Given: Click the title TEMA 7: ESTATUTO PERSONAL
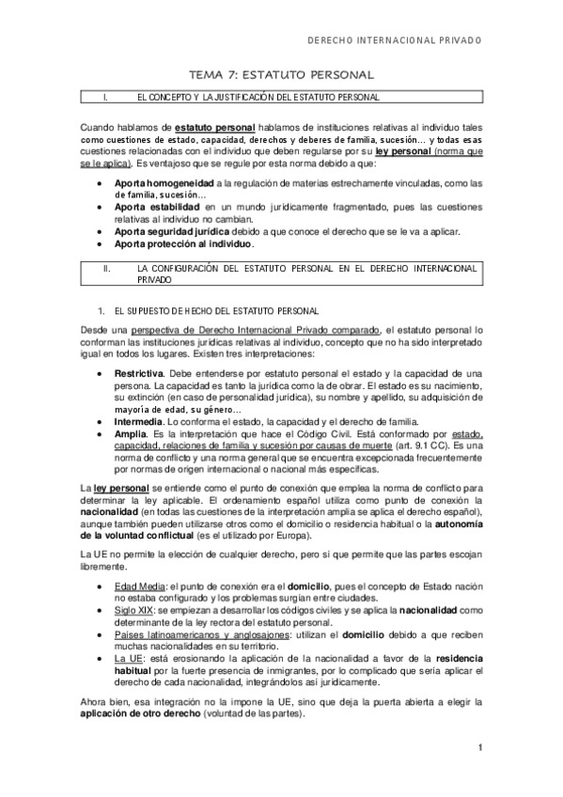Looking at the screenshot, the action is click(282, 74).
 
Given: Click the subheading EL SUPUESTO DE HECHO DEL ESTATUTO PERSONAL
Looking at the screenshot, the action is click(217, 309).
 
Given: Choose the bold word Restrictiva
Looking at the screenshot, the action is click(137, 373).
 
